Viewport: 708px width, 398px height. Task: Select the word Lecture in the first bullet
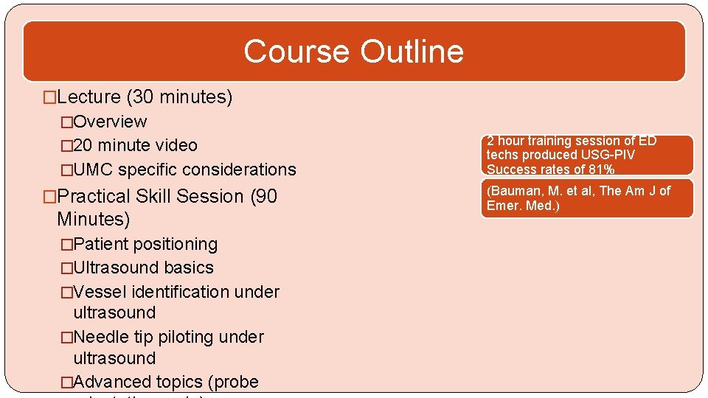tap(88, 97)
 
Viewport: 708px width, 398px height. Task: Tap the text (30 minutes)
tap(179, 97)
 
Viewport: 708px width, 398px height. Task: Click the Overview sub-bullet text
tap(110, 122)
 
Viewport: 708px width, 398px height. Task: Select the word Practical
tap(92, 197)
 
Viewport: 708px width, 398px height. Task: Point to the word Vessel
tap(100, 292)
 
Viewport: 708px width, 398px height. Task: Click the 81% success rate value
tap(601, 170)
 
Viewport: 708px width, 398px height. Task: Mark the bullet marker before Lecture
tap(49, 97)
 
